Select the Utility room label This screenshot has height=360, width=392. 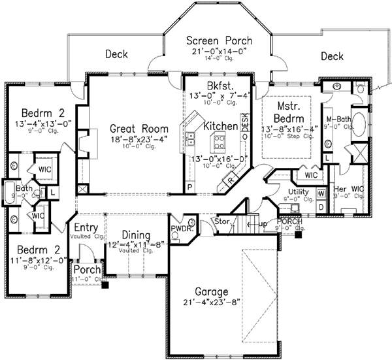coord(298,191)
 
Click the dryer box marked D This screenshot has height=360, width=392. coord(321,206)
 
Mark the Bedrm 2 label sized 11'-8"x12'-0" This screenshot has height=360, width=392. coord(35,250)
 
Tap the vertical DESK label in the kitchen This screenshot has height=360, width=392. coord(245,124)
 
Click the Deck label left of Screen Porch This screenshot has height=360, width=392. coord(116,54)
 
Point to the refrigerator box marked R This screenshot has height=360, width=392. coord(231,176)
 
